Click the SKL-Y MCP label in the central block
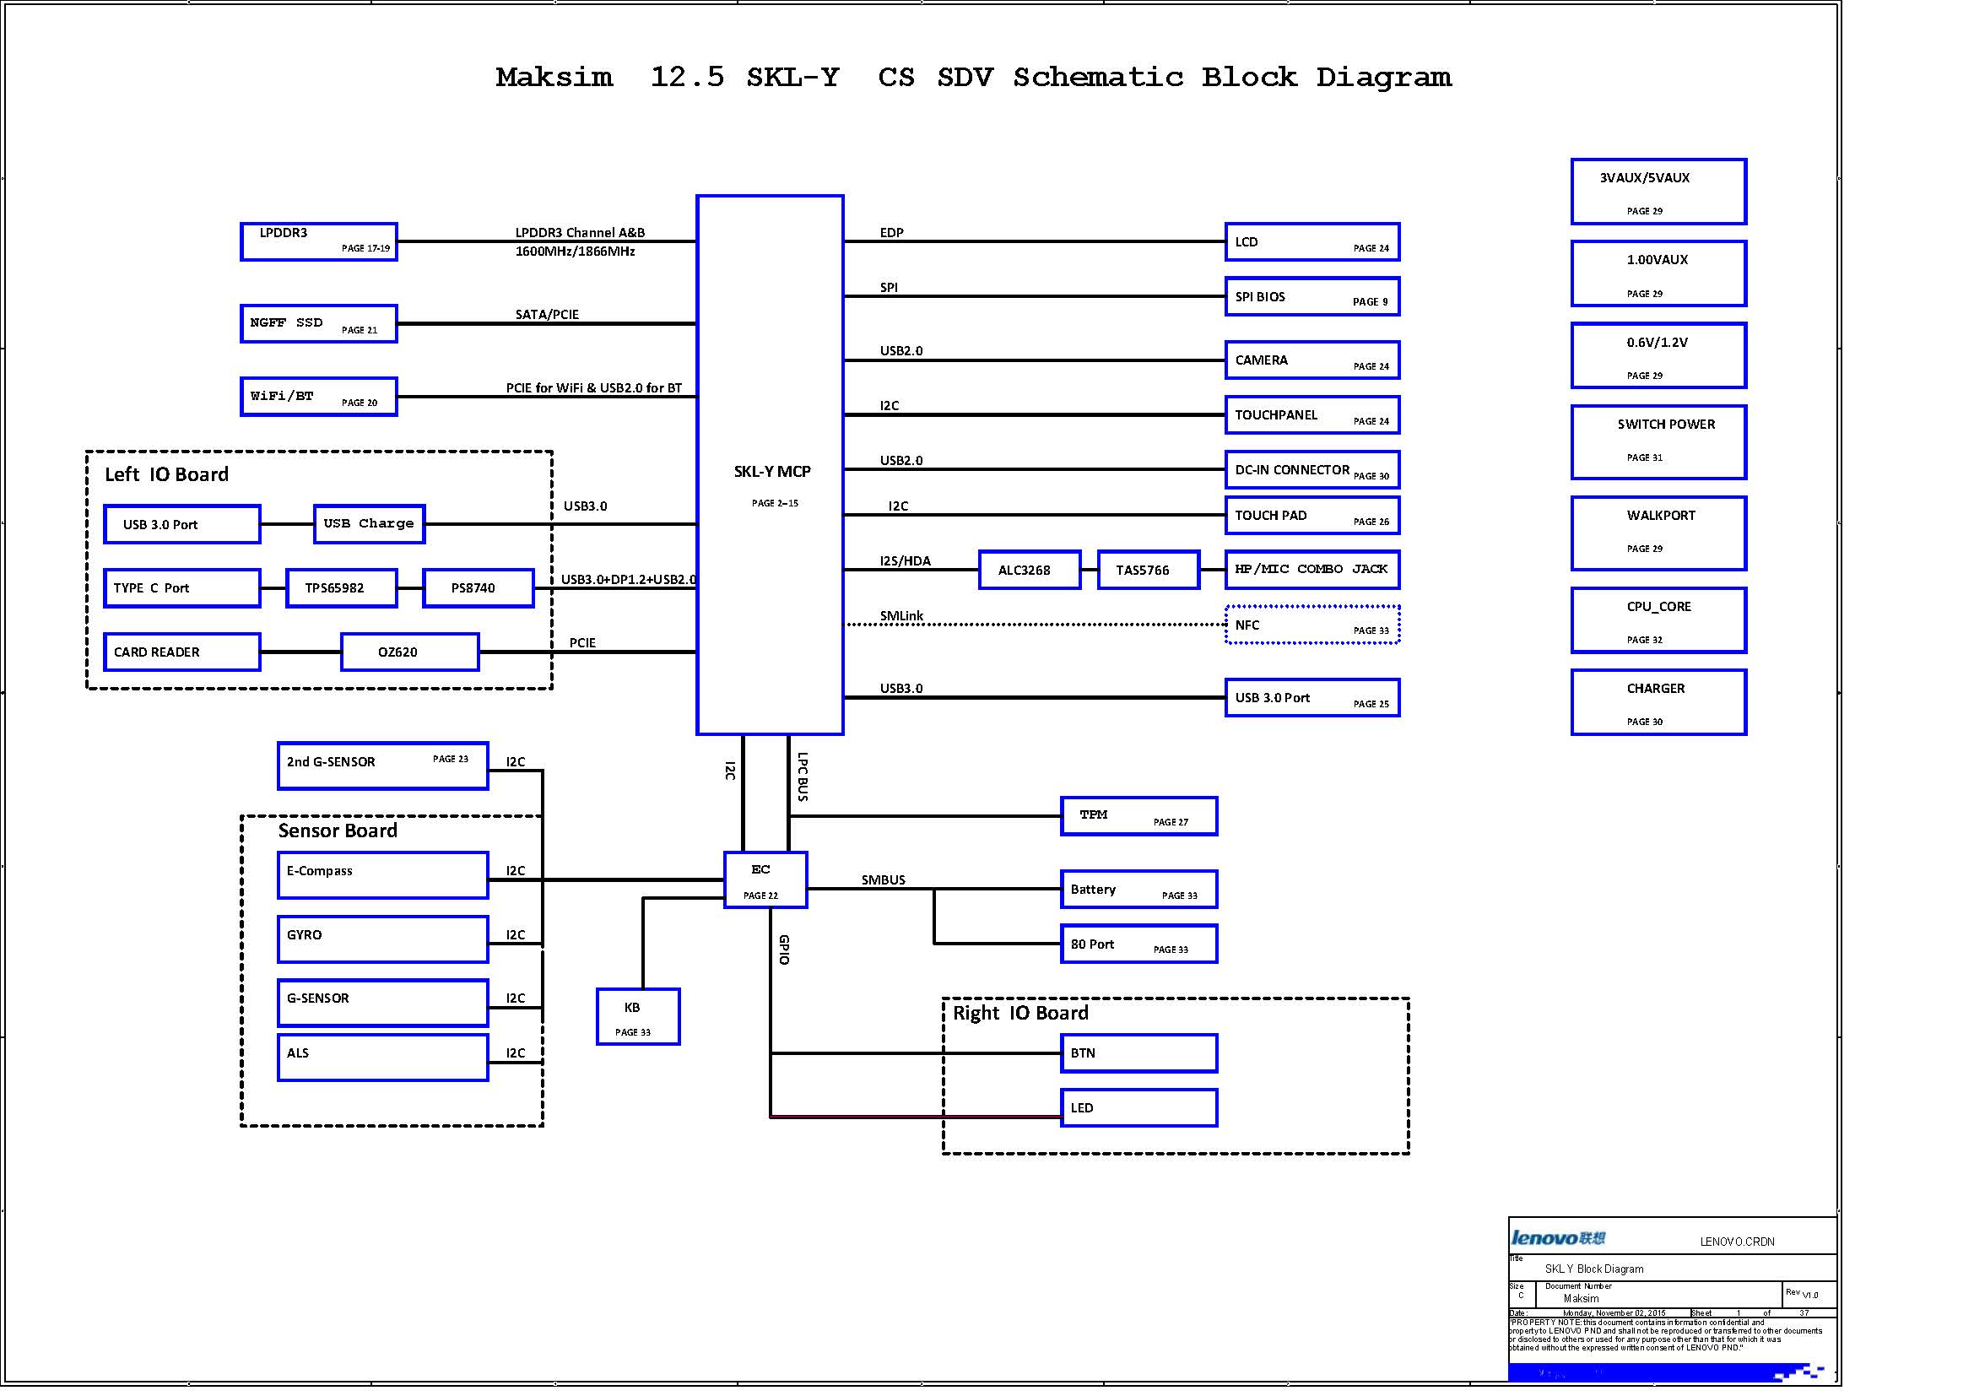771,471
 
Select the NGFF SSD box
318,323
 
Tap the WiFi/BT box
318,397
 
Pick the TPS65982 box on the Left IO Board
340,588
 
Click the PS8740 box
477,588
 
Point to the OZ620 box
409,652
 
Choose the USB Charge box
369,523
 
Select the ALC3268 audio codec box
1029,570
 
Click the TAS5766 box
1148,570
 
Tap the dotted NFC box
1312,625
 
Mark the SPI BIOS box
1312,296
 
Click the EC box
765,879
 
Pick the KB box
638,1016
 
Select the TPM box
1138,816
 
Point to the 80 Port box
1138,944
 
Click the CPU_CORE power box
1658,620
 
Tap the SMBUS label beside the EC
883,879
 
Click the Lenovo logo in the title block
1558,1238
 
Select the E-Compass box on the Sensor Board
382,875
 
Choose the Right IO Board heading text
1019,1013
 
